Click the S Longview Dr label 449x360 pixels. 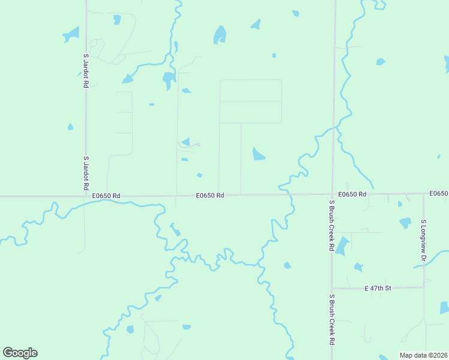point(423,240)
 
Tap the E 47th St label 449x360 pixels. point(378,289)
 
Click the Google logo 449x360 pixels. point(20,353)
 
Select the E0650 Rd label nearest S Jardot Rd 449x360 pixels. point(107,196)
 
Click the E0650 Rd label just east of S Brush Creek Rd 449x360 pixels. point(352,194)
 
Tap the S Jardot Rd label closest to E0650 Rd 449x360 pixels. point(86,173)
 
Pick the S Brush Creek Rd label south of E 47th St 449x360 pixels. point(331,320)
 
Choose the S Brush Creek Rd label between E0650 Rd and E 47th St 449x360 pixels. point(331,226)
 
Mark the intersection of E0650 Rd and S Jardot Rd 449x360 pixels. point(85,196)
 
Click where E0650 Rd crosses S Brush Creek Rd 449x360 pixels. point(333,194)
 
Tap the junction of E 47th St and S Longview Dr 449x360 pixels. point(424,287)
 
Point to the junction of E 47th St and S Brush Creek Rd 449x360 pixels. point(332,289)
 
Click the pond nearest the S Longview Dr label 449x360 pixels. point(405,223)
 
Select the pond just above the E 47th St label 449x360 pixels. point(358,267)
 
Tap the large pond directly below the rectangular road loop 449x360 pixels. point(258,154)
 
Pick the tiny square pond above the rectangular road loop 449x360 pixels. point(274,56)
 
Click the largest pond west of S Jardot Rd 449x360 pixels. point(71,35)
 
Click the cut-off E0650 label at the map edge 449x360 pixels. point(439,193)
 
